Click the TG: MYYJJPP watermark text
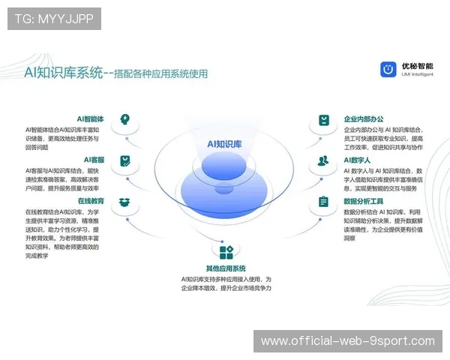(54, 19)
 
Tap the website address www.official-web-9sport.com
(348, 341)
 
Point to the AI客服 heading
(94, 160)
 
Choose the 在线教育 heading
(91, 201)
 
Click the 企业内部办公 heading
(364, 118)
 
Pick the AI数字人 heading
(358, 160)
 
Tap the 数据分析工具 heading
(364, 201)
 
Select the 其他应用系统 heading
(226, 268)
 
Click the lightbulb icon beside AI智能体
(125, 119)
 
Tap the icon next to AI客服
(125, 160)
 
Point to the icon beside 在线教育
(125, 202)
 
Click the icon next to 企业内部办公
(323, 120)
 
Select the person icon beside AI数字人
(323, 160)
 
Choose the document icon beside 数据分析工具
(323, 202)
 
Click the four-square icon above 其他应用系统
(226, 250)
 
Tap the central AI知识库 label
(224, 143)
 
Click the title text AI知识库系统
(63, 73)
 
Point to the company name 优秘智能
(417, 66)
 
